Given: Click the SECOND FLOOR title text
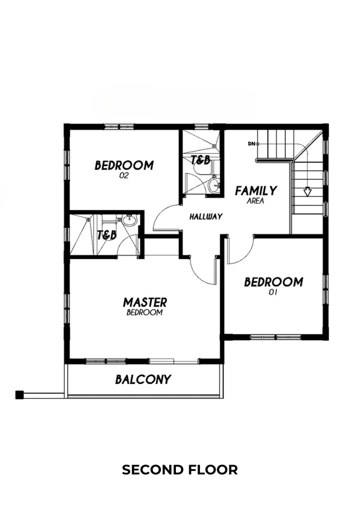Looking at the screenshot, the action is pos(179,470).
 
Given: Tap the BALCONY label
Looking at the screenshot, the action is pos(143,379).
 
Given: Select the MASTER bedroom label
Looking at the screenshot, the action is pos(145,306).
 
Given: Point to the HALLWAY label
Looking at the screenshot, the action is pos(206,216).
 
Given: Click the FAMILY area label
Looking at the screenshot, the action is pos(256,194).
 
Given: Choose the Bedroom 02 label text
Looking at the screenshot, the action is pos(124,169).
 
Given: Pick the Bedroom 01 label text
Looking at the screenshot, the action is pos(274,285).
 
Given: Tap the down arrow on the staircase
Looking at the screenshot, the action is pos(307,192).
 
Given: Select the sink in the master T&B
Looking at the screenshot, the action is pos(130,221).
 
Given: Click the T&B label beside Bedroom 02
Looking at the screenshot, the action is pos(201,160).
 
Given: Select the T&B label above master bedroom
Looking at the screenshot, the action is pos(107,235).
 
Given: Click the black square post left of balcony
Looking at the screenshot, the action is pos(20,395).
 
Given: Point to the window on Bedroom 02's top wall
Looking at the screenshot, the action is pos(119,127).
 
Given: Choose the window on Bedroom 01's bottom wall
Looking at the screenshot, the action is pos(276,337).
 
